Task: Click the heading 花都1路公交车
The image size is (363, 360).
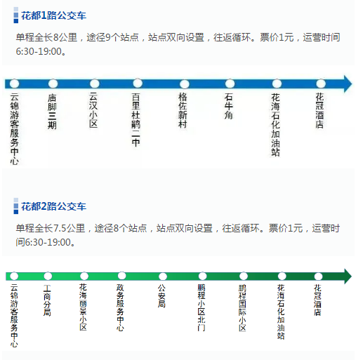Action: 53,15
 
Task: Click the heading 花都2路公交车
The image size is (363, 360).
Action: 53,206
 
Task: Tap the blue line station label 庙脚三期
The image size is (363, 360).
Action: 52,112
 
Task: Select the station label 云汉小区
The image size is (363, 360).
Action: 93,110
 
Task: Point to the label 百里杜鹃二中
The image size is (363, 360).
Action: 136,120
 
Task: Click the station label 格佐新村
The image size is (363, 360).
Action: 183,110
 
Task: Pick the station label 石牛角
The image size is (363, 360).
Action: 229,106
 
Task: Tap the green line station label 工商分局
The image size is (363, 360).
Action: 47,300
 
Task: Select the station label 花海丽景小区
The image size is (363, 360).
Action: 83,307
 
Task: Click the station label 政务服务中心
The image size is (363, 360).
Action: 120,307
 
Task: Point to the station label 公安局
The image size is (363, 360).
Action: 161,296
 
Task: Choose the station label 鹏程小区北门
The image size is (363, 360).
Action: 202,307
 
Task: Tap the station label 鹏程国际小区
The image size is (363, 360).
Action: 242,308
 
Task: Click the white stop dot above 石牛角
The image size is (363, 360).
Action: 230,84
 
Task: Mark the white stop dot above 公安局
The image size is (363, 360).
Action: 163,276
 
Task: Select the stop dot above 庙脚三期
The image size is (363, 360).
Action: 53,84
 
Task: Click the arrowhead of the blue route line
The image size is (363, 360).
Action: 348,84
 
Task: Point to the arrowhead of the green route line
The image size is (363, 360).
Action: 348,276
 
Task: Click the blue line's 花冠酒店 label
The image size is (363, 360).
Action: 319,110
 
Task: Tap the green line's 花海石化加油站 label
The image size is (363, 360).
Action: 281,312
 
